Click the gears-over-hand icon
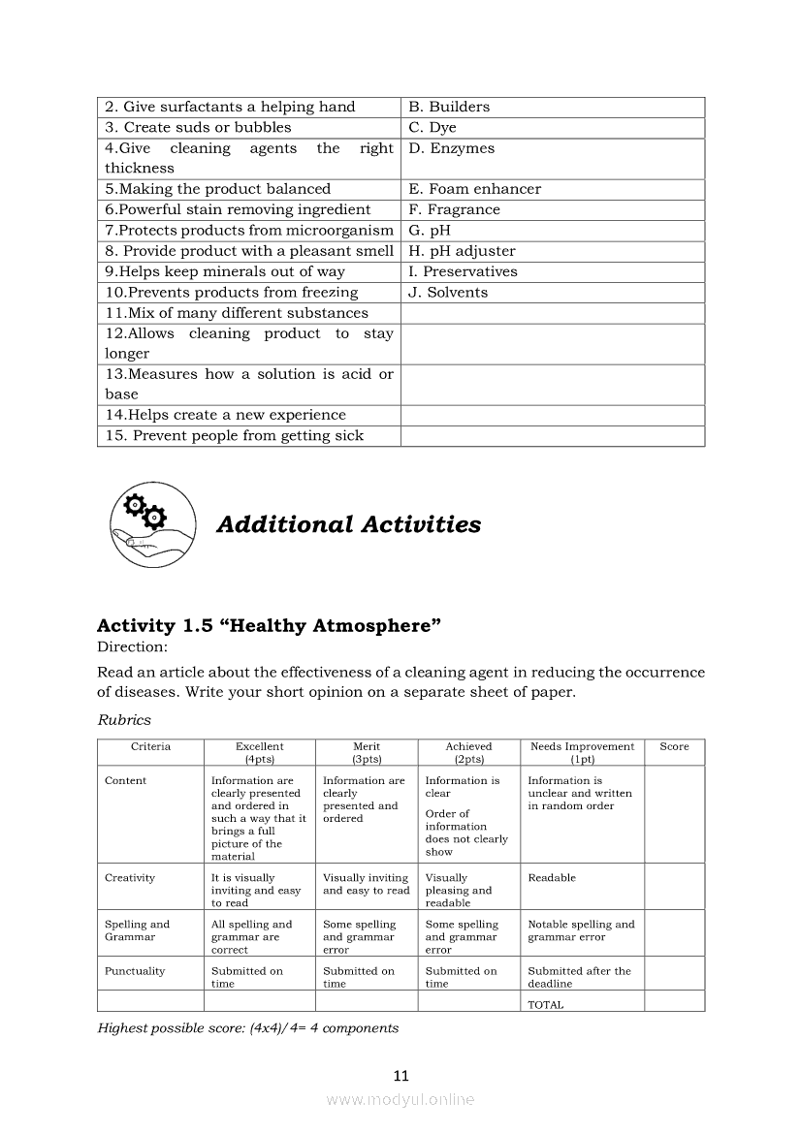point(150,524)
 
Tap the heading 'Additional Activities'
point(348,524)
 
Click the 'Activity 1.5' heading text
point(269,626)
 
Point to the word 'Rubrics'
point(124,720)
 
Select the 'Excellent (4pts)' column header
point(259,753)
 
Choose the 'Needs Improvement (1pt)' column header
point(582,753)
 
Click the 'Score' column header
point(674,747)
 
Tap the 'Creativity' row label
point(130,878)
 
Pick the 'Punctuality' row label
point(135,971)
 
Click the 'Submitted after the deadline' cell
point(579,977)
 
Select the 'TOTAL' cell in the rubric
point(545,1005)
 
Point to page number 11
point(401,1076)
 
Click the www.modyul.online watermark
point(400,1100)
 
